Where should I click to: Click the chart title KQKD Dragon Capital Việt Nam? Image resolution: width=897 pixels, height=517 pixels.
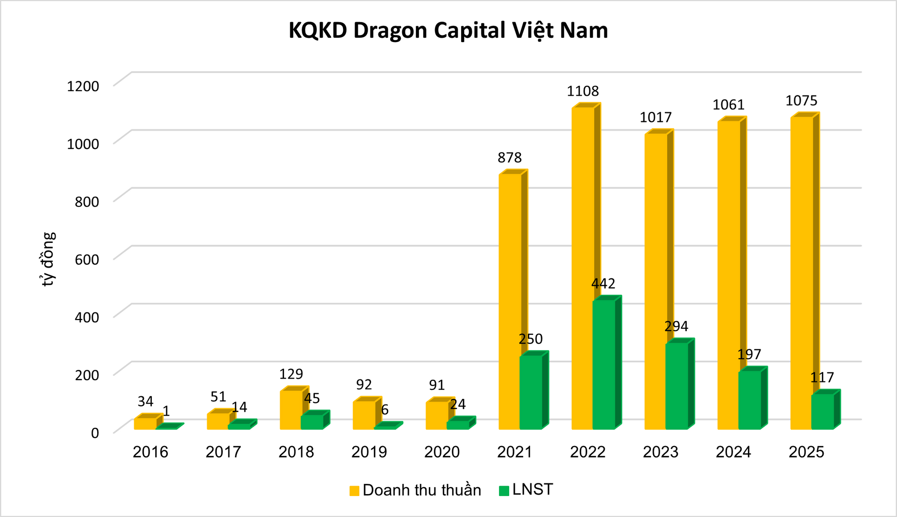[448, 31]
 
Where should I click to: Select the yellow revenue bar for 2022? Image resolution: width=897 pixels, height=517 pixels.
[583, 266]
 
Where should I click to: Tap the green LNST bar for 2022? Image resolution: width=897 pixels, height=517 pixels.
[604, 364]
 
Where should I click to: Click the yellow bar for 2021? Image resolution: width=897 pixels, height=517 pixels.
[510, 299]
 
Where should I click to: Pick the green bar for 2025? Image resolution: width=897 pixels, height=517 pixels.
[822, 411]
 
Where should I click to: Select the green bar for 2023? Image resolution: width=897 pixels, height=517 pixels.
[676, 385]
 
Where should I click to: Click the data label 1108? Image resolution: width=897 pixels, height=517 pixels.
[583, 91]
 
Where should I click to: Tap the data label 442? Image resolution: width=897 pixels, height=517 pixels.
[603, 283]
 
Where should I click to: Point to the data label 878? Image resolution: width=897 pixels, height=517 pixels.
[509, 158]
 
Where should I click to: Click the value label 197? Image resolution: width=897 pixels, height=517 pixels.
[749, 354]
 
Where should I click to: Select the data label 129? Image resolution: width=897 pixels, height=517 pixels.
[291, 374]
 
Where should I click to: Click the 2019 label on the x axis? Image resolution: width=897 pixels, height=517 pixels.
[369, 452]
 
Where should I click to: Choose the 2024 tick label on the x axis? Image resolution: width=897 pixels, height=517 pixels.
[733, 452]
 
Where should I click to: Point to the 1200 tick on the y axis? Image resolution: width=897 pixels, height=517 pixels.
[83, 86]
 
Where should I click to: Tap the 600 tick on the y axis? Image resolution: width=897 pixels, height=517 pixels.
[87, 259]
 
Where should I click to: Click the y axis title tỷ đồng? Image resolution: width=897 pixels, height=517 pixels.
[48, 259]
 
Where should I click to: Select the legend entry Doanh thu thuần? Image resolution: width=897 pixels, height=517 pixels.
[421, 490]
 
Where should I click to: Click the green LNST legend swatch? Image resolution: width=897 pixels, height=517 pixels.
[504, 490]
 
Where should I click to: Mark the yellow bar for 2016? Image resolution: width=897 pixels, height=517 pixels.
[145, 423]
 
